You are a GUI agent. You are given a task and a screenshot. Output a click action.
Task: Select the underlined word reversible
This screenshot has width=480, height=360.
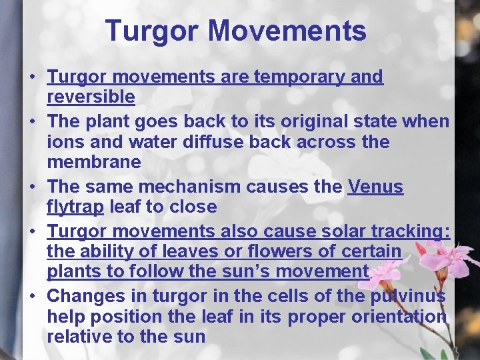tap(91, 97)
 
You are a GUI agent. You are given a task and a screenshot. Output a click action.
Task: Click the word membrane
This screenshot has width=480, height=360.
tap(94, 162)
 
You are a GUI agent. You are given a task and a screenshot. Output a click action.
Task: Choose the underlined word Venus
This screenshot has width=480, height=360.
tap(375, 187)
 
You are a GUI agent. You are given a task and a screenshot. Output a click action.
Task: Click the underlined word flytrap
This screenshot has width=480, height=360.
tap(75, 207)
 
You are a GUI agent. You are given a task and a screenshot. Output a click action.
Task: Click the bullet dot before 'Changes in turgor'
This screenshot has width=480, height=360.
tap(32, 295)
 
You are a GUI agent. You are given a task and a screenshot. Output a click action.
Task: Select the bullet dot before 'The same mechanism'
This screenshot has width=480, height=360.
tap(32, 187)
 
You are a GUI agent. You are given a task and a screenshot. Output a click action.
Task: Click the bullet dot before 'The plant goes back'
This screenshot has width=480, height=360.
tap(32, 123)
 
